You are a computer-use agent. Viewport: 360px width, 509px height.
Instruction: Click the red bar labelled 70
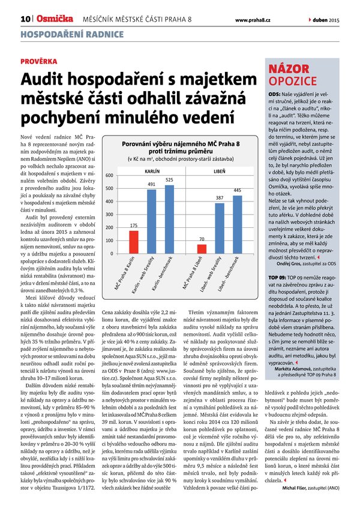pyautogui.click(x=202, y=248)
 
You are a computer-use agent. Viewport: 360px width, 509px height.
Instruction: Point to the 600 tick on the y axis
pyautogui.click(x=110, y=159)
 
